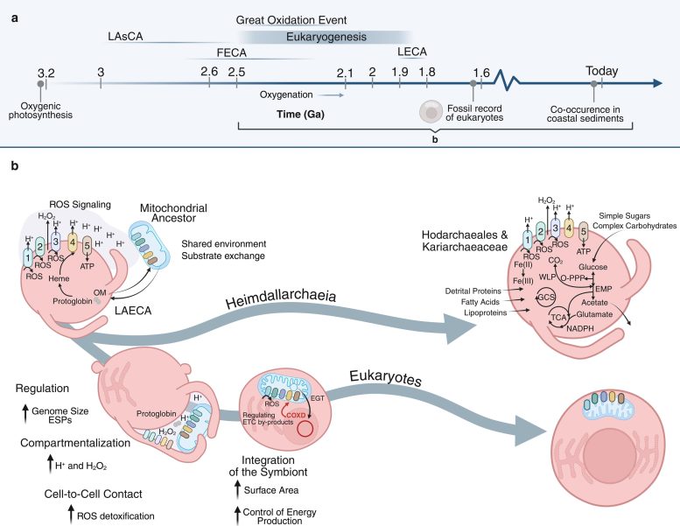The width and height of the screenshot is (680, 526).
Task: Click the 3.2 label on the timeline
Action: tap(46, 70)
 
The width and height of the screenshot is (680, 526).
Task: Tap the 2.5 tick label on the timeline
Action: tap(236, 70)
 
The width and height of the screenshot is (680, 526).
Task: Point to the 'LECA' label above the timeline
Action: tap(412, 53)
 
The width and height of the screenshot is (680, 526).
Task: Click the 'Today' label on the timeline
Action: tap(602, 71)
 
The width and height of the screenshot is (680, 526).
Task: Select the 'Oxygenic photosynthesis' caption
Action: tap(40, 109)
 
